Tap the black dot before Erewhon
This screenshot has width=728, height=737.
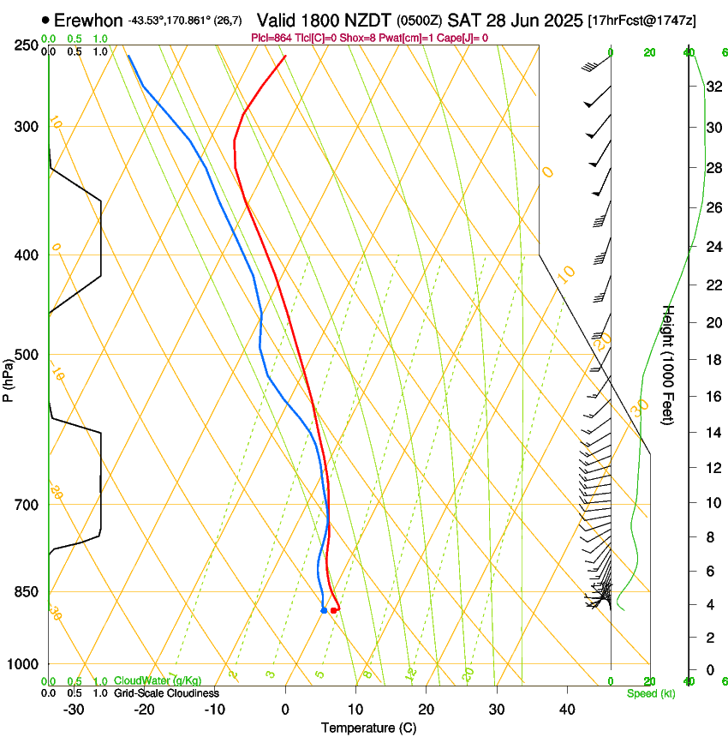pos(45,20)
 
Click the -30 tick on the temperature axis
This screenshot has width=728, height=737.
pos(74,710)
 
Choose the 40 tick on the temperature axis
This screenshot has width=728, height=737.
pos(566,710)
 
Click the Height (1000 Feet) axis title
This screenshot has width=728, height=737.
pos(669,364)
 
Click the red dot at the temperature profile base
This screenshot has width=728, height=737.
pos(333,610)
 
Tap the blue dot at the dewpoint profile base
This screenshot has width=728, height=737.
pos(324,610)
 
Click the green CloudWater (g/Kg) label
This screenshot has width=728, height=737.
pos(158,680)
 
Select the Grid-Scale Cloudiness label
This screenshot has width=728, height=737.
pos(166,692)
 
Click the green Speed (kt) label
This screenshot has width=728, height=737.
pos(650,692)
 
